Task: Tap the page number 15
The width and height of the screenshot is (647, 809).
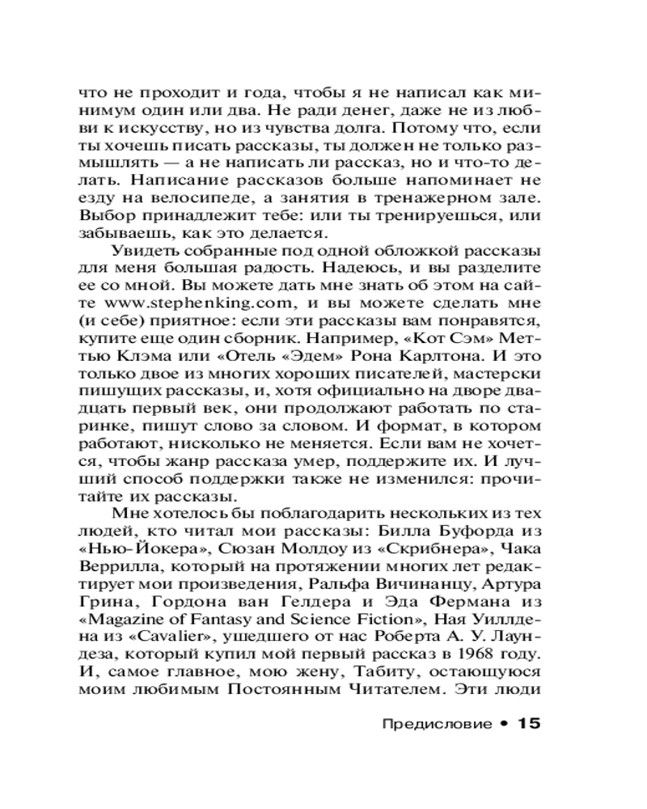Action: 523,724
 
